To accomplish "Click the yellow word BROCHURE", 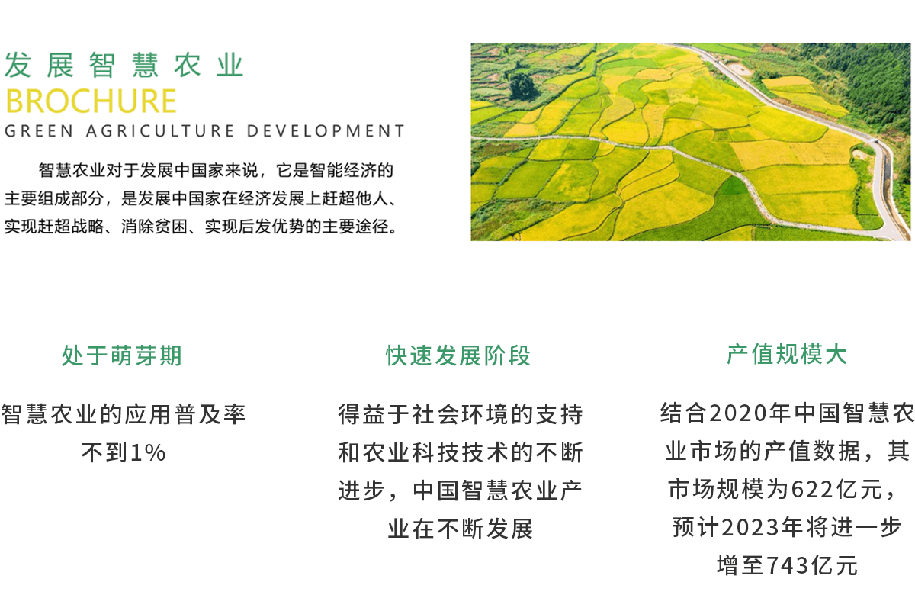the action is pos(91,101).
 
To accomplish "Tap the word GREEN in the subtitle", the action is pos(39,131).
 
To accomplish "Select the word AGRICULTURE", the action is pos(160,131).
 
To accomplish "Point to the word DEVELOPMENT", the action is pos(326,131).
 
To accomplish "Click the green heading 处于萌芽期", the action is pos(122,355).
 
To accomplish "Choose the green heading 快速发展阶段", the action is pos(458,355).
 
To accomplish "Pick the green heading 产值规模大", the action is pos(787,354).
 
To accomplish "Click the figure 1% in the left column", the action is pos(148,453).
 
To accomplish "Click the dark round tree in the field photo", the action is pos(523,87).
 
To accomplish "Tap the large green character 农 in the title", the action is pos(188,65).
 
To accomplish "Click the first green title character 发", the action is pos(18,65).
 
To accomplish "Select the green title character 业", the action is pos(230,65).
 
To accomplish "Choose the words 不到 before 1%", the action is pos(105,453).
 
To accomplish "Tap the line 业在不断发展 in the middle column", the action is pos(461,529).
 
